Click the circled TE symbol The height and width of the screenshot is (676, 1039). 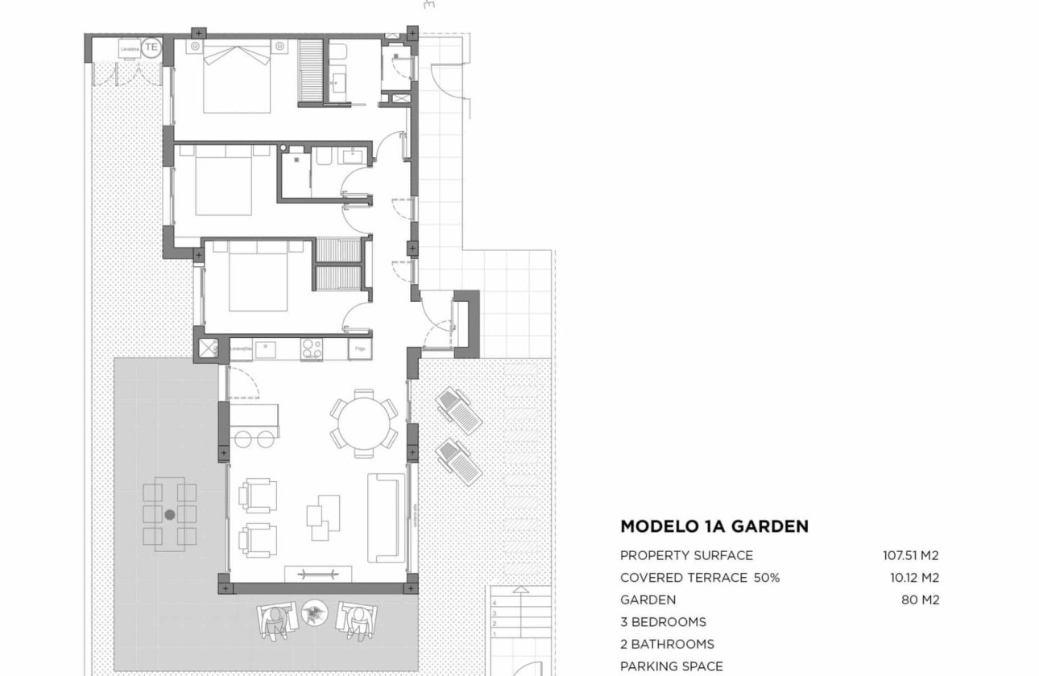pos(151,47)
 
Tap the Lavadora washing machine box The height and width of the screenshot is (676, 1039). pos(129,48)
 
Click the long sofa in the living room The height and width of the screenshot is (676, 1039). pos(385,517)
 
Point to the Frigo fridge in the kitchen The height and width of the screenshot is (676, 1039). pos(359,349)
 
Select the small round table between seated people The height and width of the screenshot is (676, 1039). pos(313,615)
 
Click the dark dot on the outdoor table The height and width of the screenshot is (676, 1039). pos(169,514)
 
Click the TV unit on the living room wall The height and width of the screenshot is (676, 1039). pos(318,573)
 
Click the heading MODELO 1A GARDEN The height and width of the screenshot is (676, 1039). pos(714,527)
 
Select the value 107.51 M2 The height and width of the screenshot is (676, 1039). pos(910,555)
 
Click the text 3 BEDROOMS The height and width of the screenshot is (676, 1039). pos(662,622)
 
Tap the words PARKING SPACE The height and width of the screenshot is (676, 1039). pos(671,666)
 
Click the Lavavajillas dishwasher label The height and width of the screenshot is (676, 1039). pos(242,349)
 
